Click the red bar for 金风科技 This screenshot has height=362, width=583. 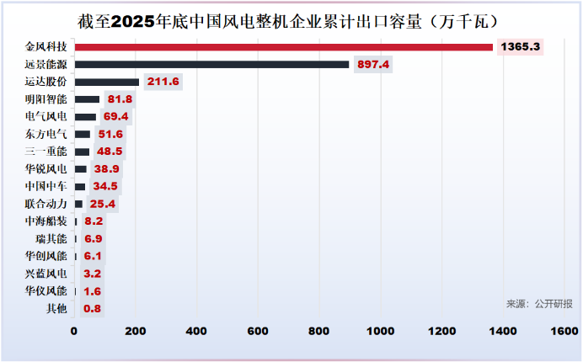click(283, 46)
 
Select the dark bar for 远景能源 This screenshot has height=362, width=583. click(211, 64)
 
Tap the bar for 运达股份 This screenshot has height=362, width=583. click(107, 82)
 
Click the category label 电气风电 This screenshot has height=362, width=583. click(47, 116)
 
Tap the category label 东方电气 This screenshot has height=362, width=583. click(47, 134)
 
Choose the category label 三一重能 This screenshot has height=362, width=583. click(47, 152)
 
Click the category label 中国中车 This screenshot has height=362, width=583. click(47, 186)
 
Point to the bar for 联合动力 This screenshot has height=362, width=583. click(78, 204)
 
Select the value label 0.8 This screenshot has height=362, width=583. click(93, 309)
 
